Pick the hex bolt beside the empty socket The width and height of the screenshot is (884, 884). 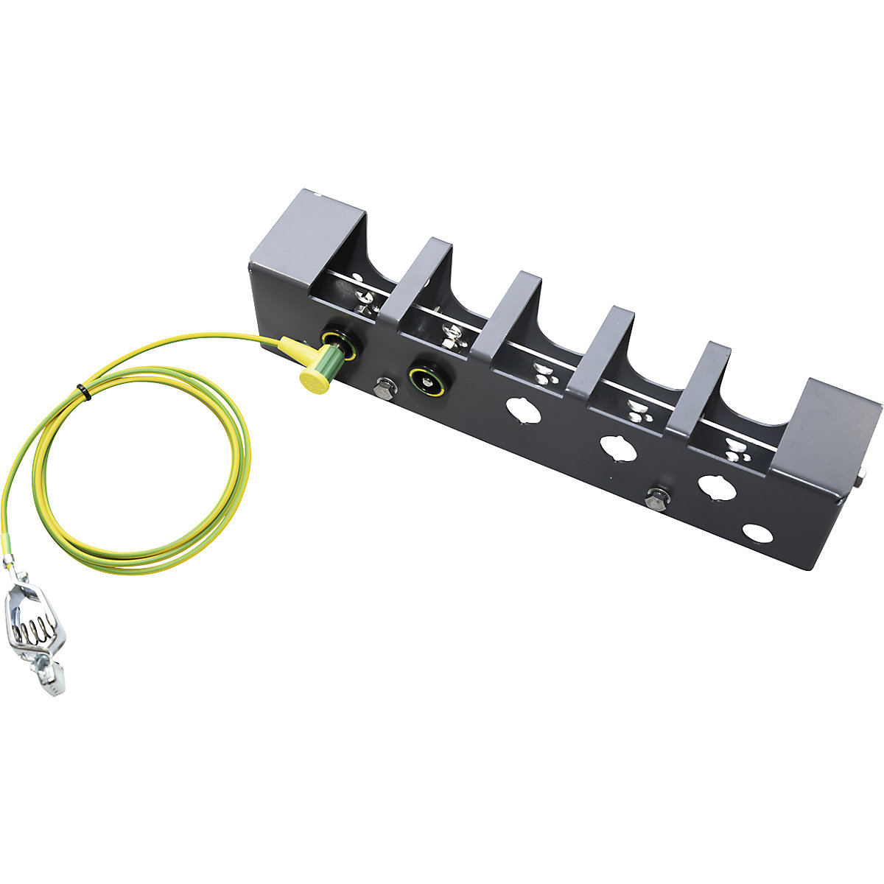coord(383,388)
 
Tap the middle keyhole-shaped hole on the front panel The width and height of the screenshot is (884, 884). coord(617,447)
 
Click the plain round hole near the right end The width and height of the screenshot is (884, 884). coord(755,532)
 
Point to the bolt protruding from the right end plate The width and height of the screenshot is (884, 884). coord(860,481)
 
